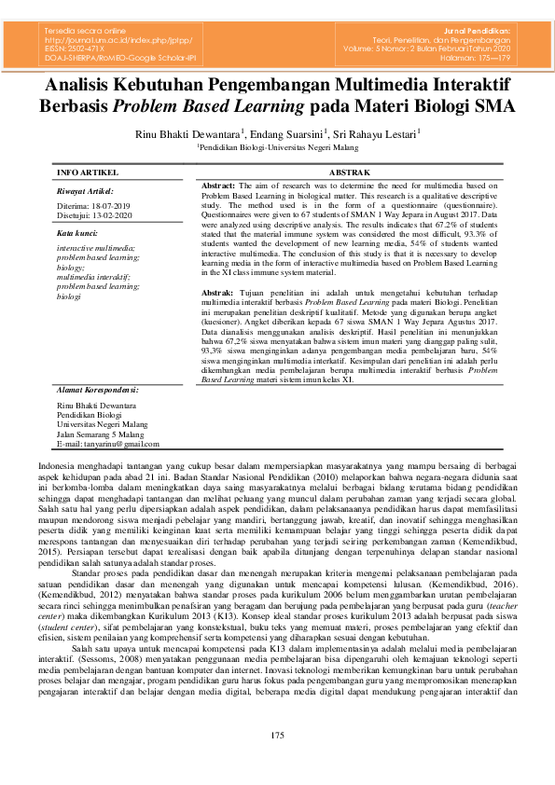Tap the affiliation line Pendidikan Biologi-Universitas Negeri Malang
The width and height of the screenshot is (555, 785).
tap(277, 147)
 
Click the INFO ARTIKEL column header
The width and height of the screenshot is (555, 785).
tap(88, 172)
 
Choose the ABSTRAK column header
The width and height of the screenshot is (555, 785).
tap(350, 172)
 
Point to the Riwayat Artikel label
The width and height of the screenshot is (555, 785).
tap(84, 190)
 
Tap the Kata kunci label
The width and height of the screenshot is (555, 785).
tap(77, 231)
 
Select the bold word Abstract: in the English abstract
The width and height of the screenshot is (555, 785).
tap(220, 186)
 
